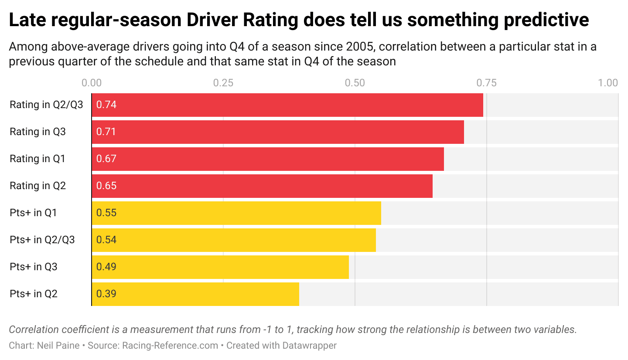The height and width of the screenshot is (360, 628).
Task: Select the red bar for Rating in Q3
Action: coord(277,132)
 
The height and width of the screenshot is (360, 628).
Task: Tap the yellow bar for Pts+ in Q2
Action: coord(195,294)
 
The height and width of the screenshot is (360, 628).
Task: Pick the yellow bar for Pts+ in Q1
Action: coord(236,213)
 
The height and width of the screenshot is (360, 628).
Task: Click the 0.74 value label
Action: coord(106,105)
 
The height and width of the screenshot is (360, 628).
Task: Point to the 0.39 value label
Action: coord(106,294)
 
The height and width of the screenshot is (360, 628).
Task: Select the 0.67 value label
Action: coord(106,159)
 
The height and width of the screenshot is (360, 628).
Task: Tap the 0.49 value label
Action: coord(106,267)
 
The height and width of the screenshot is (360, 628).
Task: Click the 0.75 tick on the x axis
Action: coord(486,83)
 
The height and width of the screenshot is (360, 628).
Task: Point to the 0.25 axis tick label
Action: coord(223,83)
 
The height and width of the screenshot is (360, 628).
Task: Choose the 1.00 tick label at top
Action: coord(608,83)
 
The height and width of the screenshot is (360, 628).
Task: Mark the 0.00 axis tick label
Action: coord(92,83)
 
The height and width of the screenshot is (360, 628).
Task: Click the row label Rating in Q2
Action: coord(38,186)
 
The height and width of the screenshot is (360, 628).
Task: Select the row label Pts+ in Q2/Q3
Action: coord(42,240)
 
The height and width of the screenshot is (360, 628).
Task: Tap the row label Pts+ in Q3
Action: coord(34,267)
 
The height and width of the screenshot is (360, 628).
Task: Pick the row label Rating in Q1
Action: coord(38,159)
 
